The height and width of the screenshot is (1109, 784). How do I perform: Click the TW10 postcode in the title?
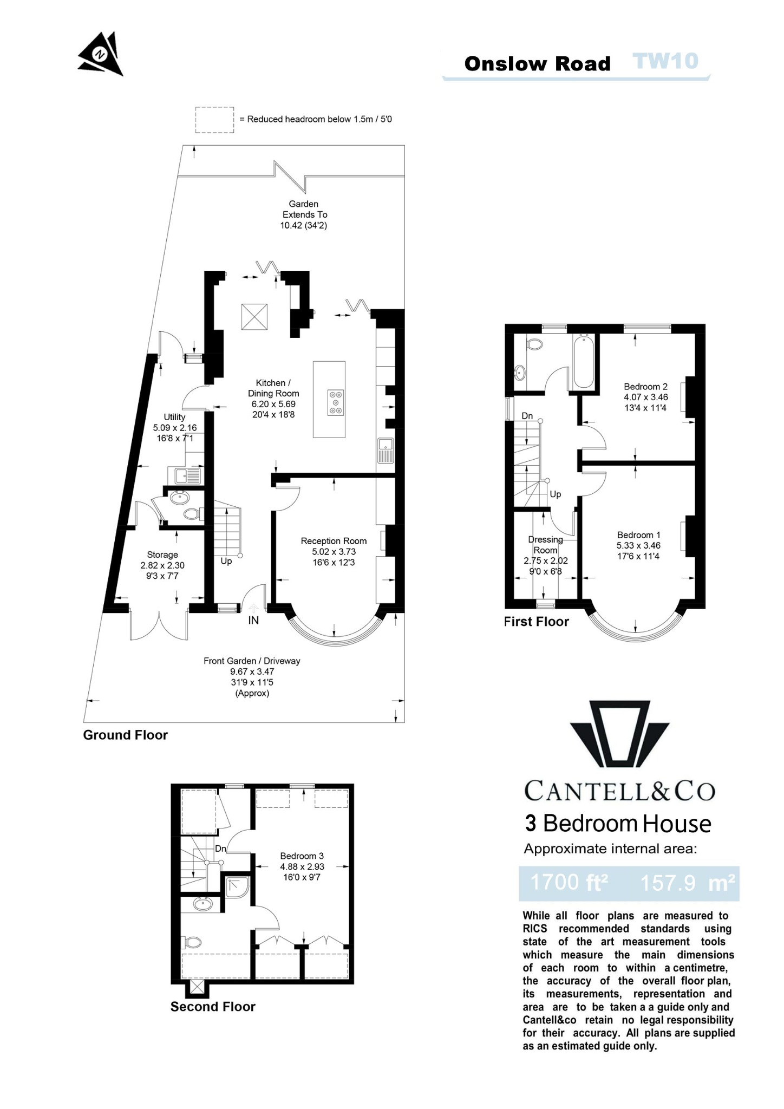pyautogui.click(x=665, y=61)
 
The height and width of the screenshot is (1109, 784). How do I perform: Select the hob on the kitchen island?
pyautogui.click(x=336, y=402)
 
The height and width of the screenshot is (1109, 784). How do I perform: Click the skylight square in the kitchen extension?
pyautogui.click(x=254, y=316)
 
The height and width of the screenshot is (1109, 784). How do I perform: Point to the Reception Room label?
pyautogui.click(x=334, y=541)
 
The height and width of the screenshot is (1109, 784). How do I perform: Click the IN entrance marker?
pyautogui.click(x=253, y=621)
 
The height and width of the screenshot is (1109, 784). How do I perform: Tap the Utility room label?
pyautogui.click(x=174, y=417)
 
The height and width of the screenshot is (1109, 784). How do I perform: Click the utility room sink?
pyautogui.click(x=188, y=476)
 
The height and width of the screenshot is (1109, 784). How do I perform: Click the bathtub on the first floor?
pyautogui.click(x=583, y=361)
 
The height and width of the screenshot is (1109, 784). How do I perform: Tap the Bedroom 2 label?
pyautogui.click(x=645, y=387)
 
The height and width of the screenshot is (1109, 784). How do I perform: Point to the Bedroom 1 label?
pyautogui.click(x=638, y=535)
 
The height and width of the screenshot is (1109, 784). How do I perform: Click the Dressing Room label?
pyautogui.click(x=545, y=545)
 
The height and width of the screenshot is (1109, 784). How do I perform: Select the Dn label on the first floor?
pyautogui.click(x=527, y=416)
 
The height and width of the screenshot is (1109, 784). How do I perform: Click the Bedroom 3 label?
pyautogui.click(x=302, y=856)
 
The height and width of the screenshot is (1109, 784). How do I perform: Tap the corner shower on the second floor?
pyautogui.click(x=237, y=887)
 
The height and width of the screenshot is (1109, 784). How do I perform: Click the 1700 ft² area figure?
pyautogui.click(x=569, y=883)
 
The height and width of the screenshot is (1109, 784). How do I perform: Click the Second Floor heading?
pyautogui.click(x=213, y=1007)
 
